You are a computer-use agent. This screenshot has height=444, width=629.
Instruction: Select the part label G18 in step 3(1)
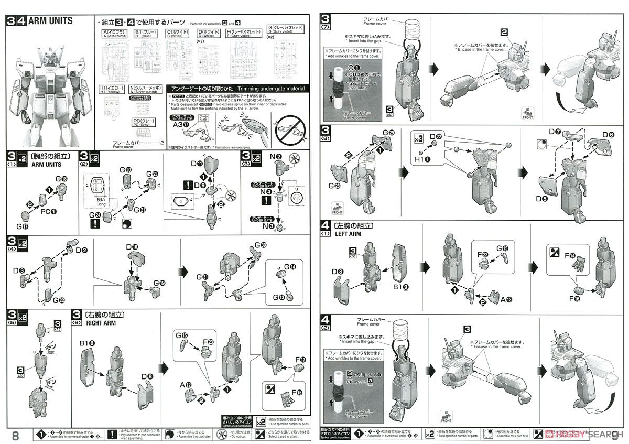coord(61,179)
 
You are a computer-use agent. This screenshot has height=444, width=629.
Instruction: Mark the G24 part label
coord(94,214)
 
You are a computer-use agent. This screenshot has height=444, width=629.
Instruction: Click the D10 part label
coord(132,246)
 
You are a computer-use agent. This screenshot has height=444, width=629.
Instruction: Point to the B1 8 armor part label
coord(88,343)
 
